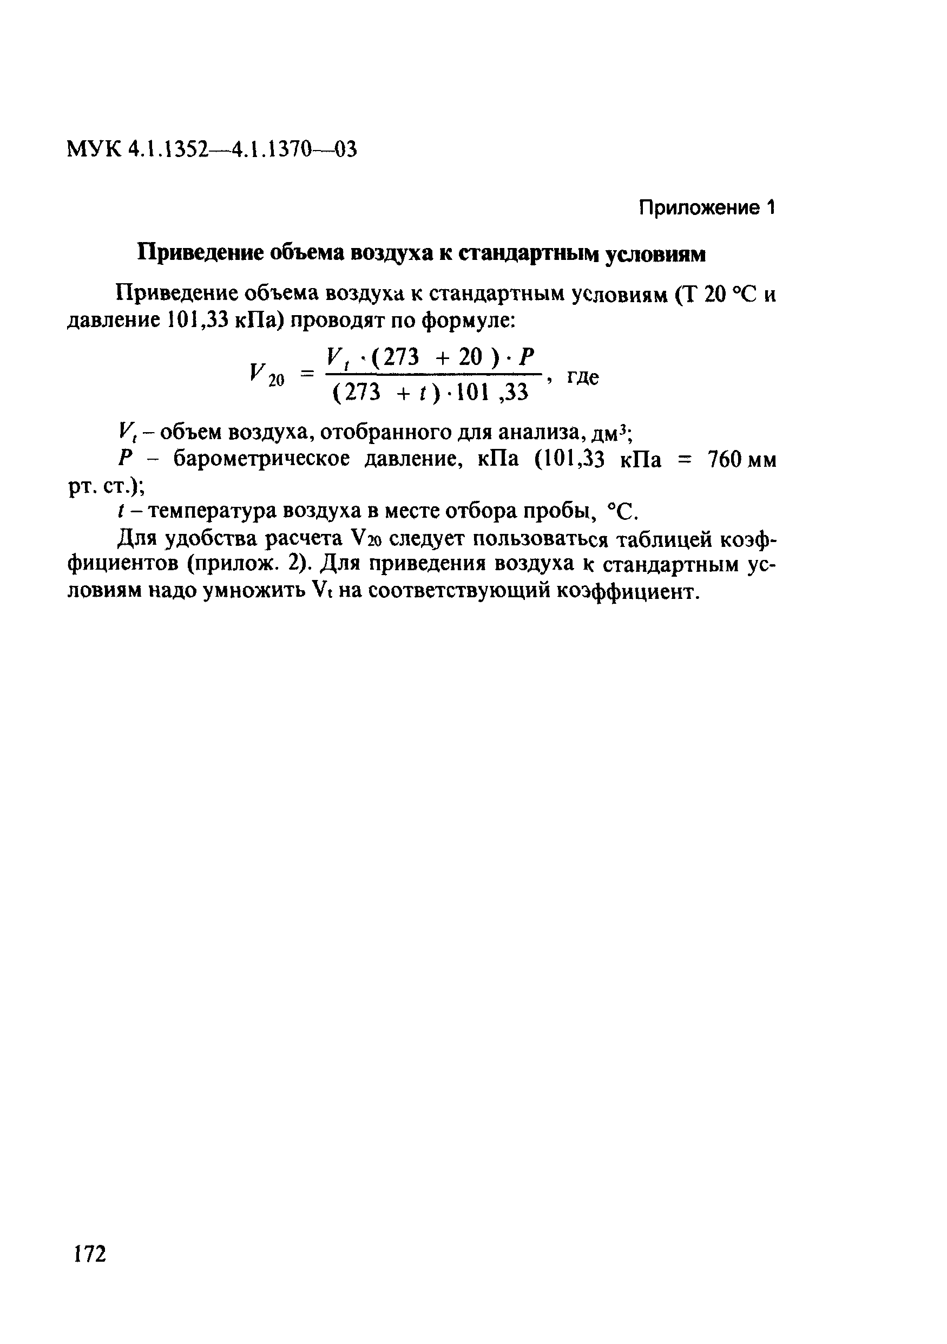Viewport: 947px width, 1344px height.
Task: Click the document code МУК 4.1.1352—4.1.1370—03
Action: (212, 150)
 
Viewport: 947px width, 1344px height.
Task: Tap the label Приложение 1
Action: (707, 208)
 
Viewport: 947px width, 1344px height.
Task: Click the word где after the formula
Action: (583, 377)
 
